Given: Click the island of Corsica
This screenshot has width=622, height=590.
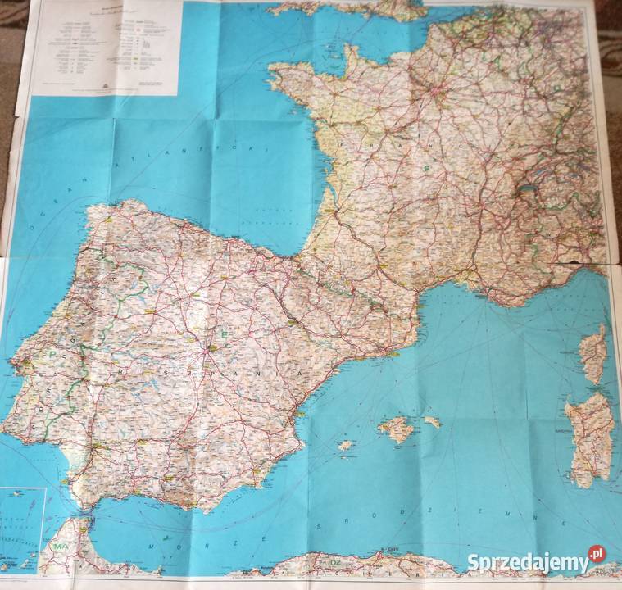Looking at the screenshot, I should (x=593, y=353).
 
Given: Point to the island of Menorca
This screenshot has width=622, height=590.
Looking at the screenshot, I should (x=432, y=422).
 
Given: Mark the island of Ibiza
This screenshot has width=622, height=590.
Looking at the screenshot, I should (x=347, y=445).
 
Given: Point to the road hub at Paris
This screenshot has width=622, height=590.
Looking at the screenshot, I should (x=443, y=93).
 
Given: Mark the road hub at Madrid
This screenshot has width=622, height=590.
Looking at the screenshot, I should (x=211, y=347).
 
